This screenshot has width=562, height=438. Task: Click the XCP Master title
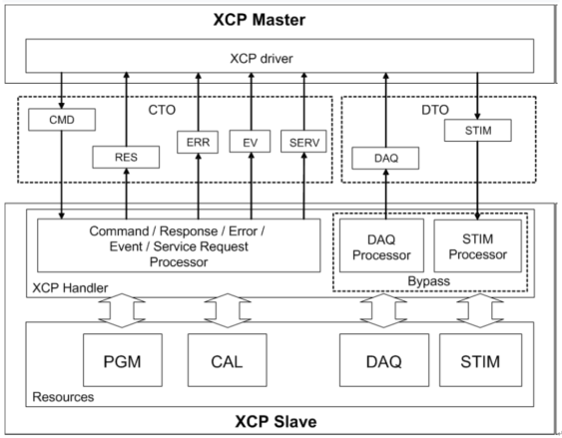pyautogui.click(x=280, y=19)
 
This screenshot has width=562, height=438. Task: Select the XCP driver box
pyautogui.click(x=280, y=56)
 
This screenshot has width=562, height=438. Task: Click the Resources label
pyautogui.click(x=63, y=397)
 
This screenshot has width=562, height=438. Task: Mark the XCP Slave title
pyautogui.click(x=280, y=421)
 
